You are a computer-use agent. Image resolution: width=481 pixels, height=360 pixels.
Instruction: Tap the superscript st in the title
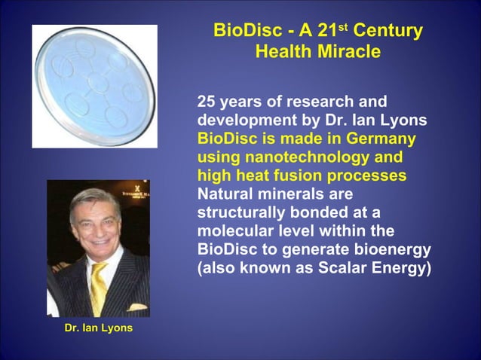[342, 27]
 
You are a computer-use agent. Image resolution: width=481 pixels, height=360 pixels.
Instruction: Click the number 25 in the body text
[207, 102]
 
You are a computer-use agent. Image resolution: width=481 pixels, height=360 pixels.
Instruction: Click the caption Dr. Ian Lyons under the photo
[98, 328]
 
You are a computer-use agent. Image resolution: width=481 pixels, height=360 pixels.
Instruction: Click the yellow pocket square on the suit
[136, 307]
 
